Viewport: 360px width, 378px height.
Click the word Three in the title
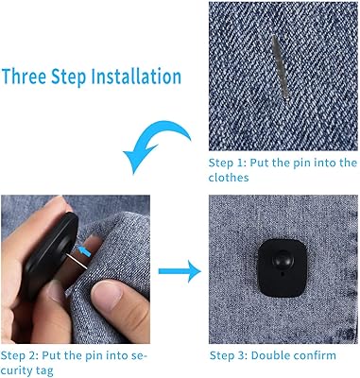(25, 77)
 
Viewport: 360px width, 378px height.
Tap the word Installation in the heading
(136, 77)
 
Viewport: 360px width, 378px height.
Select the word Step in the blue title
(69, 77)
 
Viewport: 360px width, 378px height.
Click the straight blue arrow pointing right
(180, 271)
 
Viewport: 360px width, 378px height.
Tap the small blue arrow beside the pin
(84, 251)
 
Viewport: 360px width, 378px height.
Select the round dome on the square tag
(283, 260)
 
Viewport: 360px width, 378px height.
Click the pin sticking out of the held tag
(77, 262)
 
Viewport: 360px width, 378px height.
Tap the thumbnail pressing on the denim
(106, 295)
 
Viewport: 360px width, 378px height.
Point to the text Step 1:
(227, 163)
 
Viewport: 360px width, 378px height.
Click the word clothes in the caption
(229, 178)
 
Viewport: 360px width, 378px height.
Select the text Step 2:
(20, 356)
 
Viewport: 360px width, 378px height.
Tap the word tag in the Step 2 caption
(44, 371)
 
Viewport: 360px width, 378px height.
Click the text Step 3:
(229, 355)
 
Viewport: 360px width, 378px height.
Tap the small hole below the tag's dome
(282, 274)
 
